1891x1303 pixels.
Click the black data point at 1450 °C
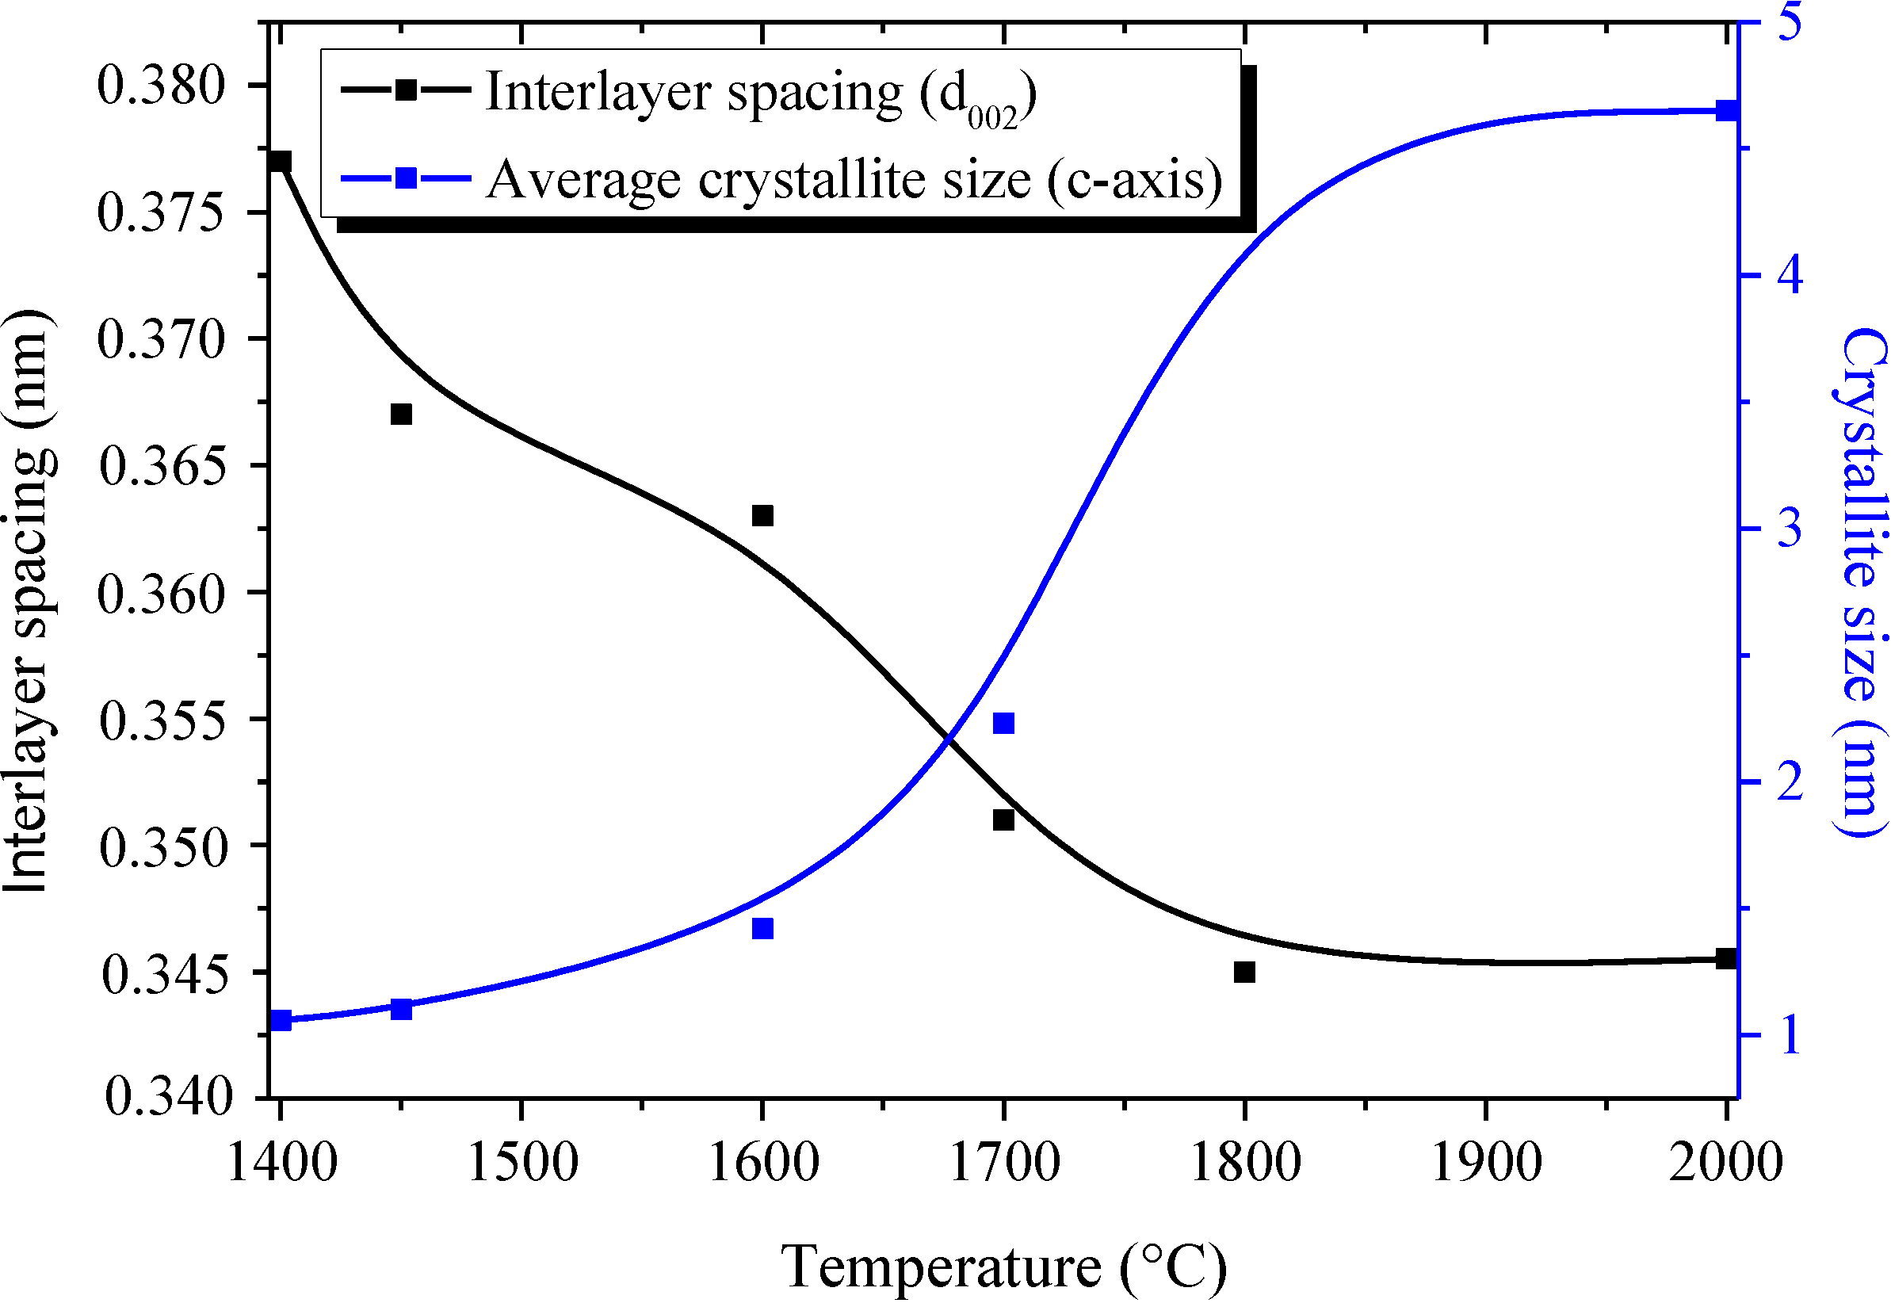tap(401, 414)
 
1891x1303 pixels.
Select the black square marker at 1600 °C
tap(762, 515)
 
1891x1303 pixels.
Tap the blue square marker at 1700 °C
tap(1003, 724)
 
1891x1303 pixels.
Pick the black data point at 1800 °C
tap(1243, 972)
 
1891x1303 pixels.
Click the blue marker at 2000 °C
tap(1725, 111)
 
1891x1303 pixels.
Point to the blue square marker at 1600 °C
tap(762, 928)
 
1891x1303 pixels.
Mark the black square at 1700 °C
tap(1003, 820)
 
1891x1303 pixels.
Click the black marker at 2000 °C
tap(1725, 958)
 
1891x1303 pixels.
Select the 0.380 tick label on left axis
tap(161, 86)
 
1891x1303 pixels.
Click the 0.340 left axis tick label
tap(168, 1096)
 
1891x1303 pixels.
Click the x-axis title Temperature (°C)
tap(1003, 1267)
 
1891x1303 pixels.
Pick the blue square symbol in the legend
tap(406, 178)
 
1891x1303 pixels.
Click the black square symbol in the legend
tap(406, 90)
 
